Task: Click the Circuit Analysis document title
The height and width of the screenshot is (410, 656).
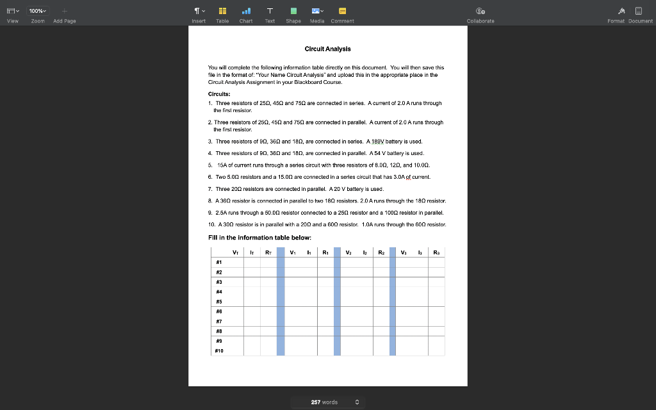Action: coord(327,49)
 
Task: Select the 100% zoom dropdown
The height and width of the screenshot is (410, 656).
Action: coord(39,11)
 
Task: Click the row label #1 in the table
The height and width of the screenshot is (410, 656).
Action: coord(218,262)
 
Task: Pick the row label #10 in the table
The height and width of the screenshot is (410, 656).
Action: coord(220,351)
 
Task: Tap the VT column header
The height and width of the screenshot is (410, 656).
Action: coord(236,252)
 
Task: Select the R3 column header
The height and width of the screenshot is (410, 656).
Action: coord(436,252)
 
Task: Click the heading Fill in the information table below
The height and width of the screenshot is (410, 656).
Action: coord(259,238)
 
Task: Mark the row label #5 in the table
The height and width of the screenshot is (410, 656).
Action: coord(218,301)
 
